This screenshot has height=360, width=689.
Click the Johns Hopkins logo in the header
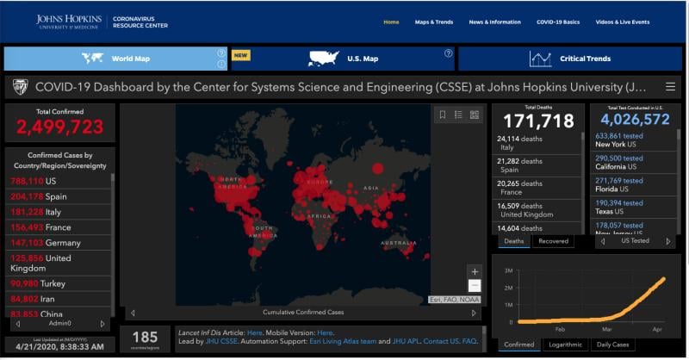69,21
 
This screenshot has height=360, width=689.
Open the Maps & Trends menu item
433,22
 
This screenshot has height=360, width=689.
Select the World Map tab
115,59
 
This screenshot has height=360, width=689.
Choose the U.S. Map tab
342,59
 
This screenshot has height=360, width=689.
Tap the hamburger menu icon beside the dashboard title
670,87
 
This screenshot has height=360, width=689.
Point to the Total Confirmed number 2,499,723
59,127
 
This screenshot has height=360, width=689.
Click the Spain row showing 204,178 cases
52,196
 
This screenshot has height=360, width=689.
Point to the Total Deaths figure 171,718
538,121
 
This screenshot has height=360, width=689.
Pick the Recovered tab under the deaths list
553,241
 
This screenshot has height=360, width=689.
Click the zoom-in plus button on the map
475,271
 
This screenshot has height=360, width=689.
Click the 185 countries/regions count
145,336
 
